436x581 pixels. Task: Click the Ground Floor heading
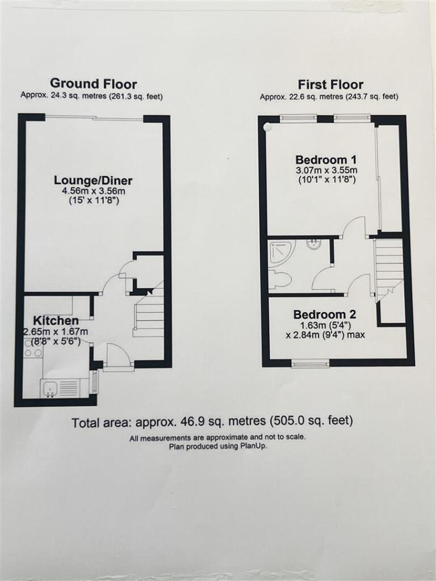coord(93,85)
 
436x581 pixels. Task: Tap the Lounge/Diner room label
coord(93,180)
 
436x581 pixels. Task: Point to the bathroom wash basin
coord(313,245)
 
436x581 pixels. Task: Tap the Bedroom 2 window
coord(310,363)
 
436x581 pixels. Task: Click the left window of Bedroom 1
coord(298,119)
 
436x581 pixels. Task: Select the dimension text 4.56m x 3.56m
coord(93,192)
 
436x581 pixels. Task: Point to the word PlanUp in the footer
coord(254,447)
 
